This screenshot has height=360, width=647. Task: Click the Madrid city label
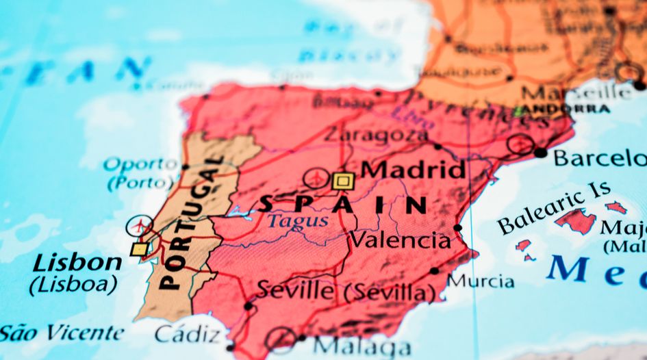click(x=414, y=170)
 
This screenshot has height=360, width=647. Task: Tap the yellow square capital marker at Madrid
click(x=343, y=181)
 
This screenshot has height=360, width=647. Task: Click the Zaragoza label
click(x=375, y=135)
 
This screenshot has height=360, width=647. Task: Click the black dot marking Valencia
click(x=457, y=228)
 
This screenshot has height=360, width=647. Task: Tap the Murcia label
click(x=481, y=281)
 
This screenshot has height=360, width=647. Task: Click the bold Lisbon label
click(x=77, y=263)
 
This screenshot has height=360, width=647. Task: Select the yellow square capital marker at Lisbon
click(x=139, y=248)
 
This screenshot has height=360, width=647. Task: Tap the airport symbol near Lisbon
click(x=140, y=225)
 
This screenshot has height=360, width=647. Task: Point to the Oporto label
click(x=140, y=164)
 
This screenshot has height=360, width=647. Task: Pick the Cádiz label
click(x=188, y=334)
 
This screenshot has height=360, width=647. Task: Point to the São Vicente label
click(x=62, y=333)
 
